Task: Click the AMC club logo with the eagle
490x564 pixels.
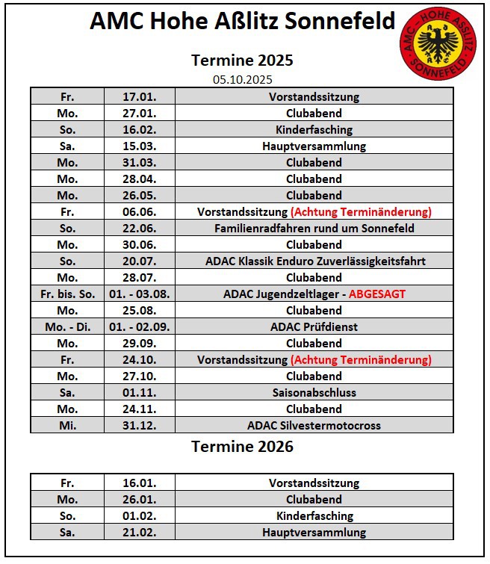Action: tap(438, 46)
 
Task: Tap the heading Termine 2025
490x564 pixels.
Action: tap(242, 60)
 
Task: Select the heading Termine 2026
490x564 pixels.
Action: tap(242, 447)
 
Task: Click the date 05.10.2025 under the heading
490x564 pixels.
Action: tap(242, 79)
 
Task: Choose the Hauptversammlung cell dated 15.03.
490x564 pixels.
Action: tap(314, 146)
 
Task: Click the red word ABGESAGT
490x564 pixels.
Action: tap(377, 294)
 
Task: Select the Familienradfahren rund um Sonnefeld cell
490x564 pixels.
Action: tap(314, 229)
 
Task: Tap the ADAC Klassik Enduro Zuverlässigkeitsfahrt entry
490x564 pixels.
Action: tap(314, 261)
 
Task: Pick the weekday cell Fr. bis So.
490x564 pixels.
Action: tap(67, 294)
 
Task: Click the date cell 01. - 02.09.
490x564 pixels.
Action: tap(139, 327)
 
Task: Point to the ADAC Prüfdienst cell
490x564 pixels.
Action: tap(314, 327)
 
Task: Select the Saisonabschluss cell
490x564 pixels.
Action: tap(314, 393)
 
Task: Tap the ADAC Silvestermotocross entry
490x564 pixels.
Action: tap(314, 426)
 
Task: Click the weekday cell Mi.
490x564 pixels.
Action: tap(67, 426)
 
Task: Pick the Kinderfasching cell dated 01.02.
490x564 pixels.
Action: tap(314, 516)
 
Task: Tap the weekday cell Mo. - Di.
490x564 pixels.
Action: tap(67, 327)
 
